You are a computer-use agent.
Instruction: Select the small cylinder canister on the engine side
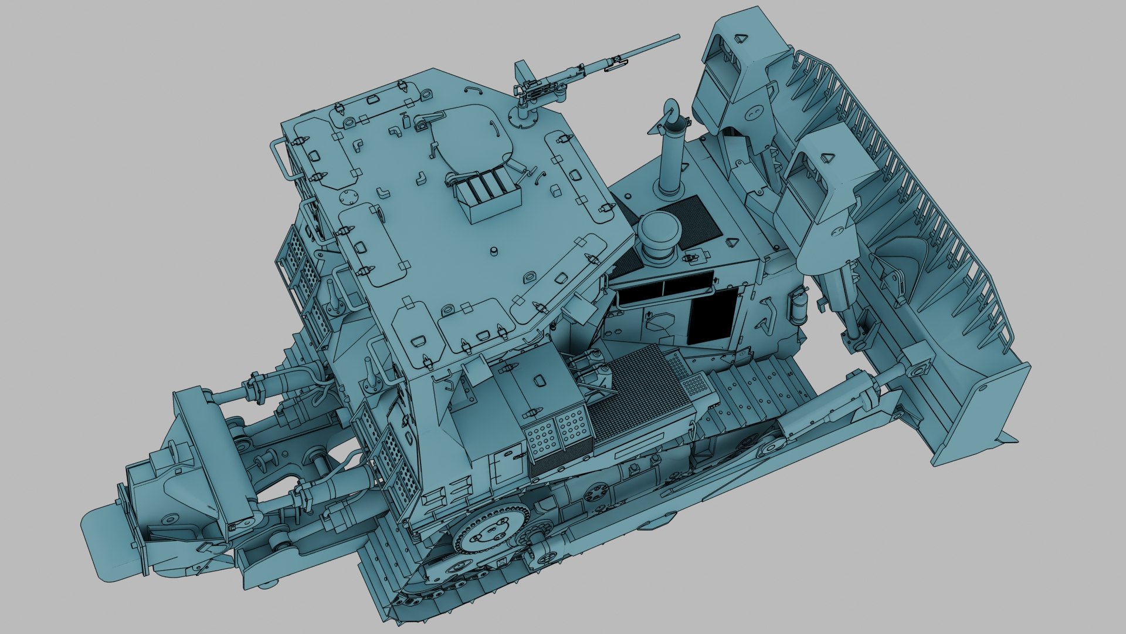798,306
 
